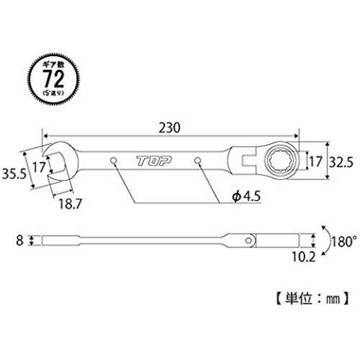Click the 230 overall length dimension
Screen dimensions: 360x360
(169, 127)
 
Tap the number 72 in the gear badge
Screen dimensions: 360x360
(53, 78)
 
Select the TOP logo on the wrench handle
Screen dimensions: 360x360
(154, 161)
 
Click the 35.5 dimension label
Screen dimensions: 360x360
(14, 174)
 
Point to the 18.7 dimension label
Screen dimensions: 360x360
(71, 204)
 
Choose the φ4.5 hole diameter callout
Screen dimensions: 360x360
(246, 197)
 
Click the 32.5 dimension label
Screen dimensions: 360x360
(341, 162)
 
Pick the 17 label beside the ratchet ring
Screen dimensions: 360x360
(315, 161)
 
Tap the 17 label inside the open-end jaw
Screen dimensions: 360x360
(39, 167)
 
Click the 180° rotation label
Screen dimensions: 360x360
(344, 242)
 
